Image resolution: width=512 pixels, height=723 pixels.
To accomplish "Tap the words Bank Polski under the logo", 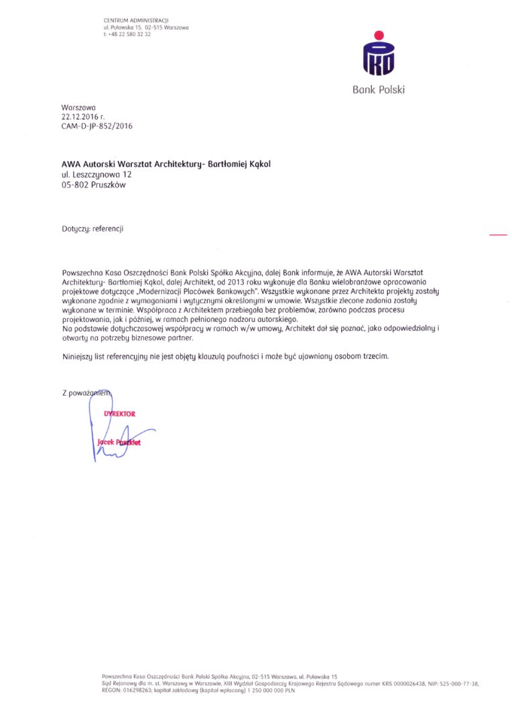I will point(379,90).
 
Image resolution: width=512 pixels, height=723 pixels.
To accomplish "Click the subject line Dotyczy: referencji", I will point(92,229).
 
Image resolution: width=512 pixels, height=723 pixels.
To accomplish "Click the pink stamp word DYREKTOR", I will point(119,414).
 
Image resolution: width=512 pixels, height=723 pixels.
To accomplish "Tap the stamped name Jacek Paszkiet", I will point(119,443).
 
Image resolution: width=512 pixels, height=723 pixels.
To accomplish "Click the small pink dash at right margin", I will point(499,235).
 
